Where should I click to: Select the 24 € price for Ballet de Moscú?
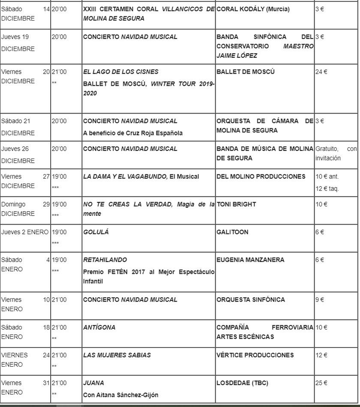point(321,72)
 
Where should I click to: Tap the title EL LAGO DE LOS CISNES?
point(120,72)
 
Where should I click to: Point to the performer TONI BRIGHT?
point(236,204)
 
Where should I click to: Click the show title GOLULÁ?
point(96,232)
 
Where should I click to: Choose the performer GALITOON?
point(232,232)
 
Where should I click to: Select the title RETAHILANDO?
point(105,260)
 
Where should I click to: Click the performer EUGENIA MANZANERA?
point(250,260)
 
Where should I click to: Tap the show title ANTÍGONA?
point(99,328)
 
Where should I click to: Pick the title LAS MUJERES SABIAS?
point(117,355)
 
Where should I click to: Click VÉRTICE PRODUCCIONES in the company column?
point(255,355)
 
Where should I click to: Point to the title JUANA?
point(93,383)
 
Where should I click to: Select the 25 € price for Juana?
point(321,383)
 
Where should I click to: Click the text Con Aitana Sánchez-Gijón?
point(120,395)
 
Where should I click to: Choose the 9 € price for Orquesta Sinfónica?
point(320,300)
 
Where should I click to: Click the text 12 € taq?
point(327,189)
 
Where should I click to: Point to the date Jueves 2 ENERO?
point(25,232)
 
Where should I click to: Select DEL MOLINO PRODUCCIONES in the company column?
point(261,177)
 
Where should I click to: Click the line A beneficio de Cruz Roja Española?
point(133,133)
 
